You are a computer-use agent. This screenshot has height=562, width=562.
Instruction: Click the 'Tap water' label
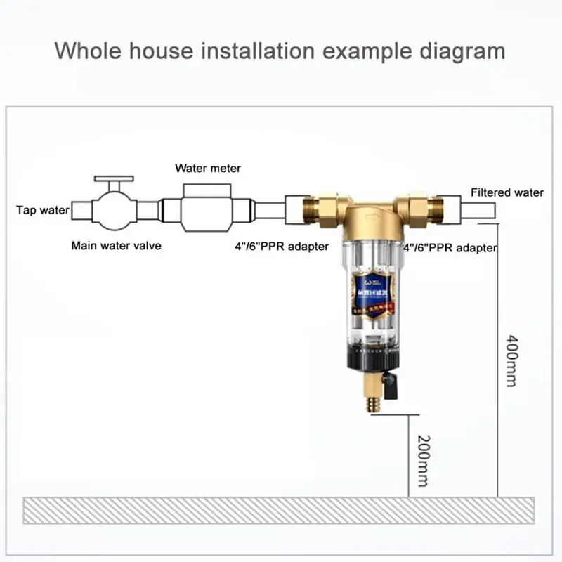[x=43, y=210]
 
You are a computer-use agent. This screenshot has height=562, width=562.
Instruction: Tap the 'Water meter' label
[x=208, y=169]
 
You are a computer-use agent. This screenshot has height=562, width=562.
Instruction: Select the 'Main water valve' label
[x=116, y=246]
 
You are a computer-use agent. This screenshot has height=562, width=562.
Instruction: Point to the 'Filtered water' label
[x=507, y=192]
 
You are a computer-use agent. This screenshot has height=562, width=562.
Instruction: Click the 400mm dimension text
[x=511, y=360]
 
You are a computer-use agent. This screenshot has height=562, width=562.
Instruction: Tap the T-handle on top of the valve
[x=112, y=180]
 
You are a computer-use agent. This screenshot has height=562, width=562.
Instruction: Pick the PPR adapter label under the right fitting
[x=450, y=247]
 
